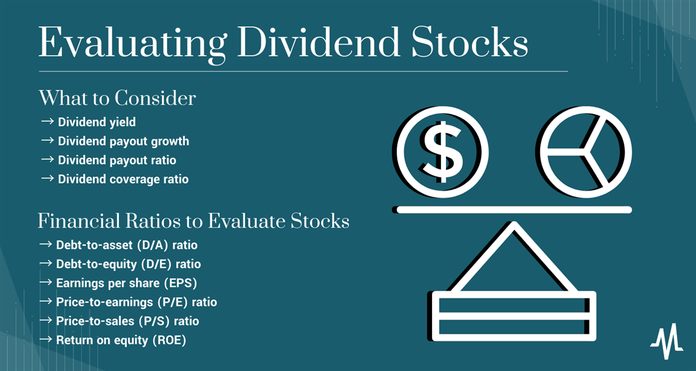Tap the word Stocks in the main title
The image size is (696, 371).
click(x=470, y=42)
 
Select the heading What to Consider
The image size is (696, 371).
click(x=117, y=98)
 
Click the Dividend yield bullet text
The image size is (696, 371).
click(x=97, y=122)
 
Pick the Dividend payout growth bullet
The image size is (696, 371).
click(x=123, y=141)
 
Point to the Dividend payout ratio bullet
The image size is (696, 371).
click(x=117, y=160)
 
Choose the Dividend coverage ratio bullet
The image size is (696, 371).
click(x=123, y=179)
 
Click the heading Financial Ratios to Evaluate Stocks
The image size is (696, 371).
click(x=194, y=221)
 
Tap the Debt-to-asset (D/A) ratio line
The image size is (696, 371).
click(x=127, y=245)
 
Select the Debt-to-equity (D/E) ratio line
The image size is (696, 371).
click(x=128, y=264)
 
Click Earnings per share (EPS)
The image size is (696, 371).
click(x=127, y=283)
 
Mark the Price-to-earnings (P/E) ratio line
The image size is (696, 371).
click(x=137, y=302)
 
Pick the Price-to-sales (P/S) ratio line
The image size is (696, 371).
click(x=128, y=321)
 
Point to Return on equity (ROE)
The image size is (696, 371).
click(x=121, y=341)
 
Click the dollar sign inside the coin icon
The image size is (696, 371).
click(x=442, y=152)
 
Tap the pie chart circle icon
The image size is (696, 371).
click(x=547, y=152)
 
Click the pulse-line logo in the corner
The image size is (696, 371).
click(x=667, y=341)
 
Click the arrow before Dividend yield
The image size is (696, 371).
click(x=47, y=122)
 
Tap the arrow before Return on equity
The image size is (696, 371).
click(x=46, y=340)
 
